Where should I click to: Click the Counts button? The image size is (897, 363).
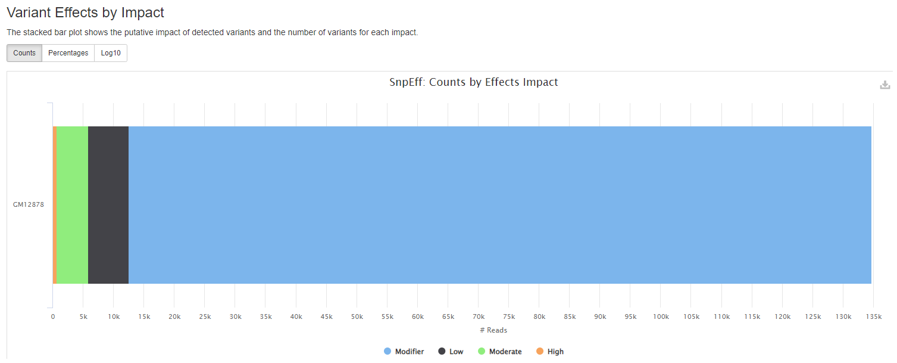coord(24,53)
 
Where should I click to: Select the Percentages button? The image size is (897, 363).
coord(68,53)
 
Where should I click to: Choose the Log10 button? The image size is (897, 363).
coord(111,53)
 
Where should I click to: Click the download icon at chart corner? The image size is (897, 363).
coord(885,85)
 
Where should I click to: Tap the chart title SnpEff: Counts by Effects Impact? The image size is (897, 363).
coord(473,82)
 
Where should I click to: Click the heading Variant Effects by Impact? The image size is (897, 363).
coord(85,12)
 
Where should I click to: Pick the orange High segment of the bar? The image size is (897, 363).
coord(55,204)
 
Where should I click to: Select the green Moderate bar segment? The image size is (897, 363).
coord(72,204)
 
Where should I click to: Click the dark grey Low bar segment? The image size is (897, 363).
coord(108,204)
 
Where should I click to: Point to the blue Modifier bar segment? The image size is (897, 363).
coord(500,204)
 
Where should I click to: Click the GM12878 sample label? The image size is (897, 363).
coord(29,204)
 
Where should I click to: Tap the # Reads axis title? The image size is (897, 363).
coord(493,330)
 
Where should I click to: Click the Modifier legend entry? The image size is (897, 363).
coord(404,352)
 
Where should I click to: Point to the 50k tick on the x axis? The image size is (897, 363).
coord(357,317)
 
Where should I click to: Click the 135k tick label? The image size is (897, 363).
coord(873,317)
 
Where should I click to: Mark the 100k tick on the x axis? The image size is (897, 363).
coord(660,317)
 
